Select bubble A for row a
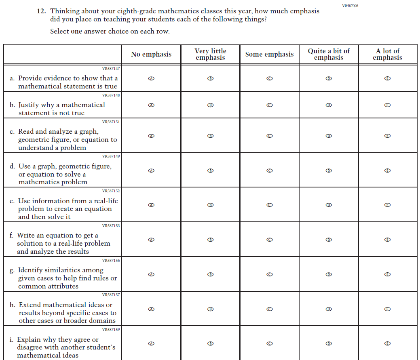coord(151,78)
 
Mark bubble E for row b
coord(387,105)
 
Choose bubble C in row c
coord(269,136)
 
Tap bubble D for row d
coord(328,171)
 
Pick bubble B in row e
coord(210,205)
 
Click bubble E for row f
coord(387,240)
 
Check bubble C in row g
coord(269,274)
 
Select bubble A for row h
coord(151,309)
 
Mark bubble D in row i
coord(328,343)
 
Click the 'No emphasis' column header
coord(151,55)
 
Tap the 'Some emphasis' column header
coord(269,55)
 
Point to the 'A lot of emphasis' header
coord(387,54)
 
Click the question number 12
coord(41,11)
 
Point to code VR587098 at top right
coord(350,6)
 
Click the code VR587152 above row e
coord(111,191)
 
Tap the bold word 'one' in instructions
coord(76,32)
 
